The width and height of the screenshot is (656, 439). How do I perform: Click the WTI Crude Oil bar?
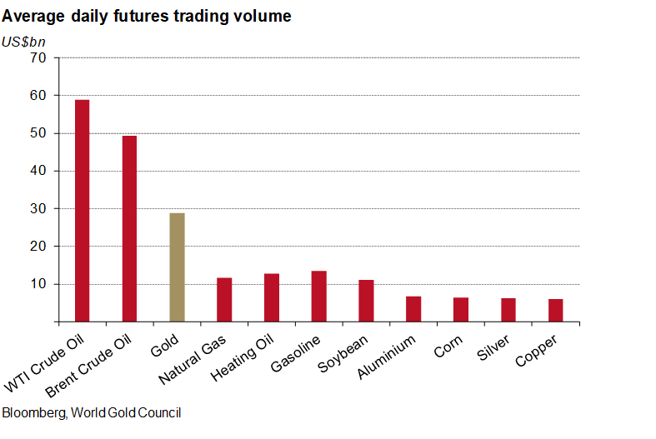tap(82, 211)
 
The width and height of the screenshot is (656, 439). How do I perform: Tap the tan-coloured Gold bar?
tap(177, 267)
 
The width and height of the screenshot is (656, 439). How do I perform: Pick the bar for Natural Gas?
tap(224, 299)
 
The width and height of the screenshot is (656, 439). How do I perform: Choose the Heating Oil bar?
tap(272, 297)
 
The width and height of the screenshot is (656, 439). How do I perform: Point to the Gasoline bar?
tap(318, 296)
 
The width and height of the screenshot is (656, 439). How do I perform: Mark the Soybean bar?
tap(366, 301)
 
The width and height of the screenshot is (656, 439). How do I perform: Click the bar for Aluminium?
tap(413, 308)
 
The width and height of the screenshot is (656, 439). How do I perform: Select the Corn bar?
tap(461, 309)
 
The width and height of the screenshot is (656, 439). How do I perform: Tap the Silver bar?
tap(508, 310)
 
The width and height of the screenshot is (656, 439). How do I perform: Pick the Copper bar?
tap(555, 310)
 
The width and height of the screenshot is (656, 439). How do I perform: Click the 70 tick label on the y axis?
tap(38, 57)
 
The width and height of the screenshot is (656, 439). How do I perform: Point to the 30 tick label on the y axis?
tap(38, 208)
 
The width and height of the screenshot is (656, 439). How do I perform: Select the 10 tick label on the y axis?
tap(38, 284)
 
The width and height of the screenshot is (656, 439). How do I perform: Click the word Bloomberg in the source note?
tap(33, 412)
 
